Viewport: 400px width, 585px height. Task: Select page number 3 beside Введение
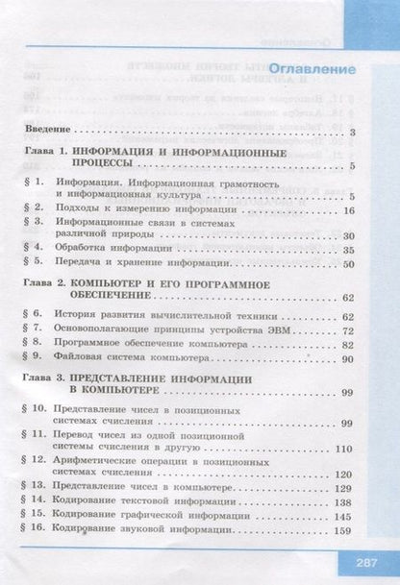[x=355, y=132]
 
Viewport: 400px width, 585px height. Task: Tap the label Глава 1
[x=45, y=153]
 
